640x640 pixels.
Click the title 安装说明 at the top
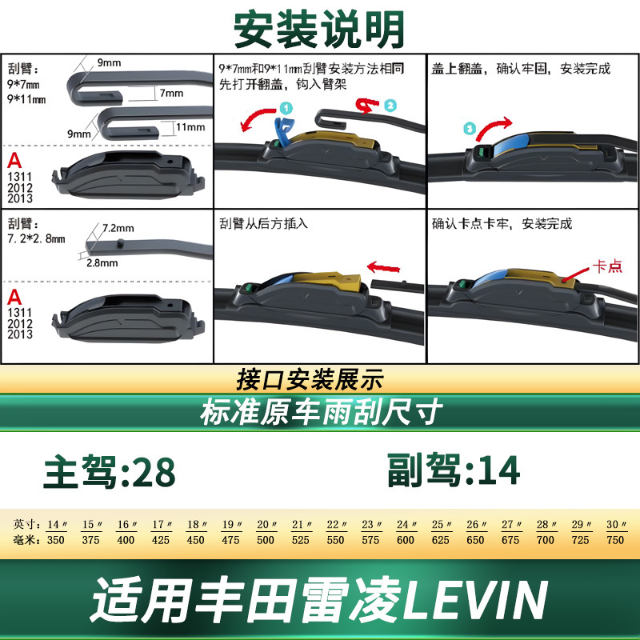coord(318,30)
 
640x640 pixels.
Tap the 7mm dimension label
coord(171,93)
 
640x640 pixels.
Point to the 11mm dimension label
coord(190,127)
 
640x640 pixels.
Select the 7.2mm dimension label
coord(118,228)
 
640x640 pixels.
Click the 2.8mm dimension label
coord(102,263)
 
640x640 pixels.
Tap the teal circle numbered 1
coord(286,108)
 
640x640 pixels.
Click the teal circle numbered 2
coord(390,106)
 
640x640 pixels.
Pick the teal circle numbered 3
coord(470,129)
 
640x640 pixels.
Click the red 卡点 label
coord(607,266)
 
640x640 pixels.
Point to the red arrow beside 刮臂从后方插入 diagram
coord(384,268)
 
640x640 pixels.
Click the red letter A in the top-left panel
coord(14,161)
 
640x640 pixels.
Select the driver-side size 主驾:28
coord(110,471)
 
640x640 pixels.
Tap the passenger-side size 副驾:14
coord(454,470)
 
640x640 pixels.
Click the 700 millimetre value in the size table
coord(546,540)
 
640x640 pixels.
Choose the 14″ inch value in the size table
coord(57,524)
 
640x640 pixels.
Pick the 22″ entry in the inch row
coord(336,524)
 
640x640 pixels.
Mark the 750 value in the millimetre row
coord(615,540)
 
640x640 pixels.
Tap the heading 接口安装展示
coord(310,379)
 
